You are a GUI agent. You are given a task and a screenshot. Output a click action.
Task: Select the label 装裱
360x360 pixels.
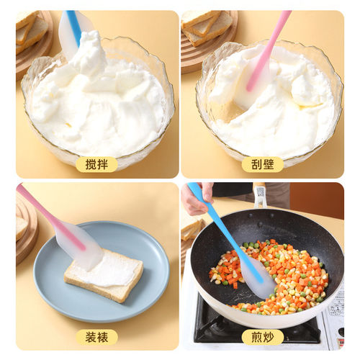[96, 336]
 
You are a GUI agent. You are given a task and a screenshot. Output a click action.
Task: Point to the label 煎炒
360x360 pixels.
[262, 336]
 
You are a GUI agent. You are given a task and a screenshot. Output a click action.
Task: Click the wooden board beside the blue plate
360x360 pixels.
[25, 230]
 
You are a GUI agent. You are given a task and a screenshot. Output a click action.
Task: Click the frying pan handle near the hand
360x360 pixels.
[259, 197]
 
